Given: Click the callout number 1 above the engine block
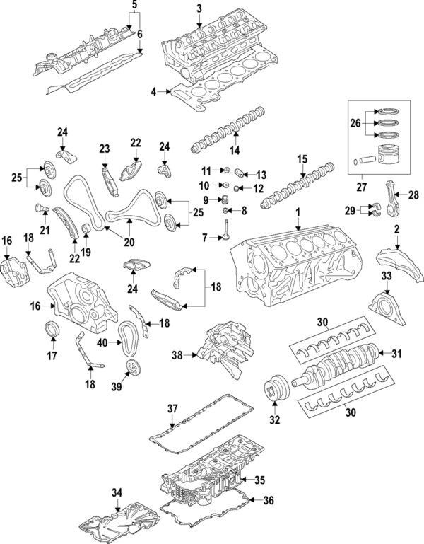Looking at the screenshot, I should click(x=298, y=212).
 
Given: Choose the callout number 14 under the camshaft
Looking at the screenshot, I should click(x=233, y=150).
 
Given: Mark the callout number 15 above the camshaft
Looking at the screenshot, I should click(x=302, y=158).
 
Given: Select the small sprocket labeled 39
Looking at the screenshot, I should click(x=131, y=367).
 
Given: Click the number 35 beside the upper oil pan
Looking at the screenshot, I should click(x=259, y=480).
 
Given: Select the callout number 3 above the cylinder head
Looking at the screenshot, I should click(x=199, y=8).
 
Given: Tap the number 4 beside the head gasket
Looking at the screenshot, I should click(x=153, y=91).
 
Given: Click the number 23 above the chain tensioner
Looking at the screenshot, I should click(x=105, y=149).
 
